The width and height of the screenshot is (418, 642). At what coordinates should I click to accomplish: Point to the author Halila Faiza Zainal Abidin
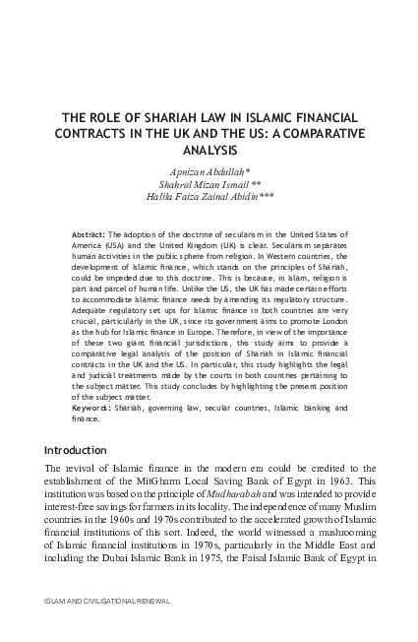[x=209, y=196]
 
